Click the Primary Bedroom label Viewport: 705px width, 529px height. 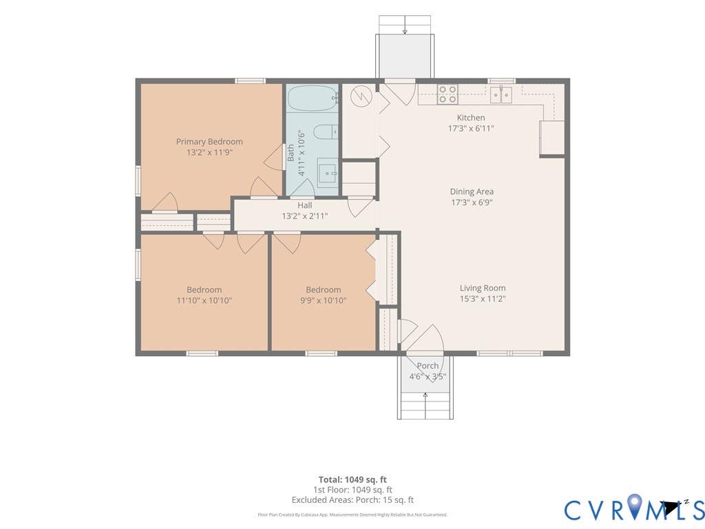point(209,142)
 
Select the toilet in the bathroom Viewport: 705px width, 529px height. point(326,132)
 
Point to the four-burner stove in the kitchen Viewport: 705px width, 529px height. point(448,94)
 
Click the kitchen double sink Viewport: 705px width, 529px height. point(501,94)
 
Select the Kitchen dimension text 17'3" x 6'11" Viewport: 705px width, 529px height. point(471,128)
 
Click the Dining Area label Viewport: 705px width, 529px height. point(472,191)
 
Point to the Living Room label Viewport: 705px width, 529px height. point(483,288)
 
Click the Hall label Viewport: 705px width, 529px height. point(304,205)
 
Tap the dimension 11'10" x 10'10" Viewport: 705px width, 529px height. point(204,300)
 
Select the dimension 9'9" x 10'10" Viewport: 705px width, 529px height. point(324,300)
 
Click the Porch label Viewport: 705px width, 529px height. point(427,366)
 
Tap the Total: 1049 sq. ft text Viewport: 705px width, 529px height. point(352,479)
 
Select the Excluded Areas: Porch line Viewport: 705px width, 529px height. point(352,500)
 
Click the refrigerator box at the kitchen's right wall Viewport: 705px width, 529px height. point(552,138)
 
